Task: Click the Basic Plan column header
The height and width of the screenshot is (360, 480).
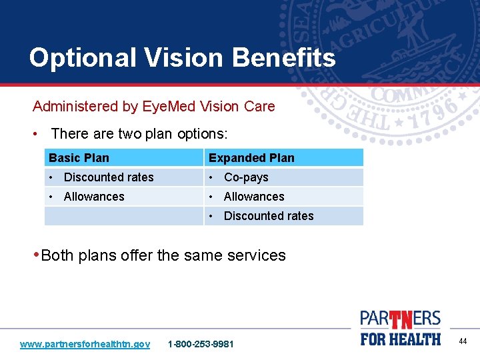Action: pos(79,158)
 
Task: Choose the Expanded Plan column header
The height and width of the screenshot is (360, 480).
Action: pos(251,158)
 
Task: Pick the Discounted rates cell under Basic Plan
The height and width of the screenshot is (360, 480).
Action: pos(108,177)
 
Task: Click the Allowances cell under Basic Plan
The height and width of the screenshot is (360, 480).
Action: pos(94,197)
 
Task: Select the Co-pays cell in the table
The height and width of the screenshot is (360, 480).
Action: pos(246,177)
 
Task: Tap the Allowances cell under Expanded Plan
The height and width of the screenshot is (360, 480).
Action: pos(254,197)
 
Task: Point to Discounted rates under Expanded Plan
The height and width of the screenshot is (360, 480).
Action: pos(269,216)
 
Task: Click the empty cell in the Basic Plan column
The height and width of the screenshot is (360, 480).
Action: pos(123,216)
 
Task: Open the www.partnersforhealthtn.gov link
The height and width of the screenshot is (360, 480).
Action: pos(85,344)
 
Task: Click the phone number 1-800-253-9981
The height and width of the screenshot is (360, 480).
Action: pos(201,344)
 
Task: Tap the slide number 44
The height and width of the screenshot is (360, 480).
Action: pos(463,341)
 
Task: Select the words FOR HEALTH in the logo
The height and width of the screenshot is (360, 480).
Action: pos(401,339)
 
